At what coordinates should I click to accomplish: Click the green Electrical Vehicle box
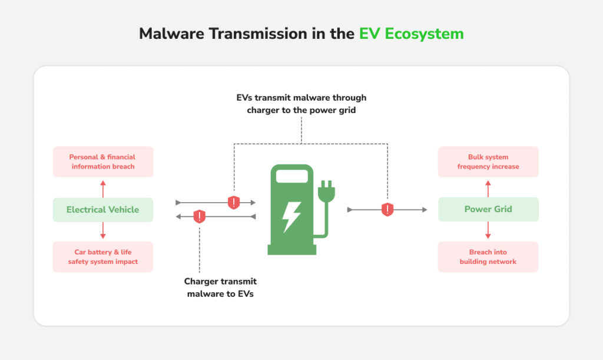coord(102,210)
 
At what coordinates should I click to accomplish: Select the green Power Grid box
coord(488,209)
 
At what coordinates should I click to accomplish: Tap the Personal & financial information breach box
coord(102,161)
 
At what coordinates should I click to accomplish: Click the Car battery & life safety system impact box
coord(102,257)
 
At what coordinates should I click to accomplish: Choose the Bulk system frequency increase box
coord(488,161)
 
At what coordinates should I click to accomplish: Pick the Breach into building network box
coord(488,257)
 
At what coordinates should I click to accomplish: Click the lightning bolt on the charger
coord(291,216)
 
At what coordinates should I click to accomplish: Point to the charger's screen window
coord(292,176)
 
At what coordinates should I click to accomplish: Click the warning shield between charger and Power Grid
coord(387,209)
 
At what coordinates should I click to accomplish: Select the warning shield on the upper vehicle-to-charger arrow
coord(234,202)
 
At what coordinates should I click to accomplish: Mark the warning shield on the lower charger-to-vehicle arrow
coord(200,216)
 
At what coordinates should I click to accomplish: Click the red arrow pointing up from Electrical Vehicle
coord(103,189)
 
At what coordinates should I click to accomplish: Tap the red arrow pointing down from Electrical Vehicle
coord(103,230)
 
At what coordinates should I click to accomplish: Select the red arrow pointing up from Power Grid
coord(488,189)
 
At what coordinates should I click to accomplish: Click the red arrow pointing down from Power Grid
coord(488,230)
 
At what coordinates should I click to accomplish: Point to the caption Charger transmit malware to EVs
coord(220,288)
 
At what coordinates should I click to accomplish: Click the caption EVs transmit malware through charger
coord(301,104)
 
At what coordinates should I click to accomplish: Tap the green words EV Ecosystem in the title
coord(411,34)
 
